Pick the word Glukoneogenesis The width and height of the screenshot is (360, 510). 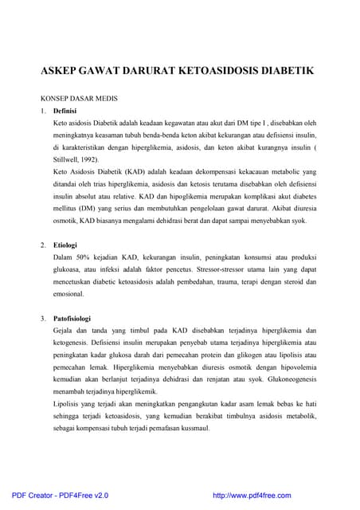283,379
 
